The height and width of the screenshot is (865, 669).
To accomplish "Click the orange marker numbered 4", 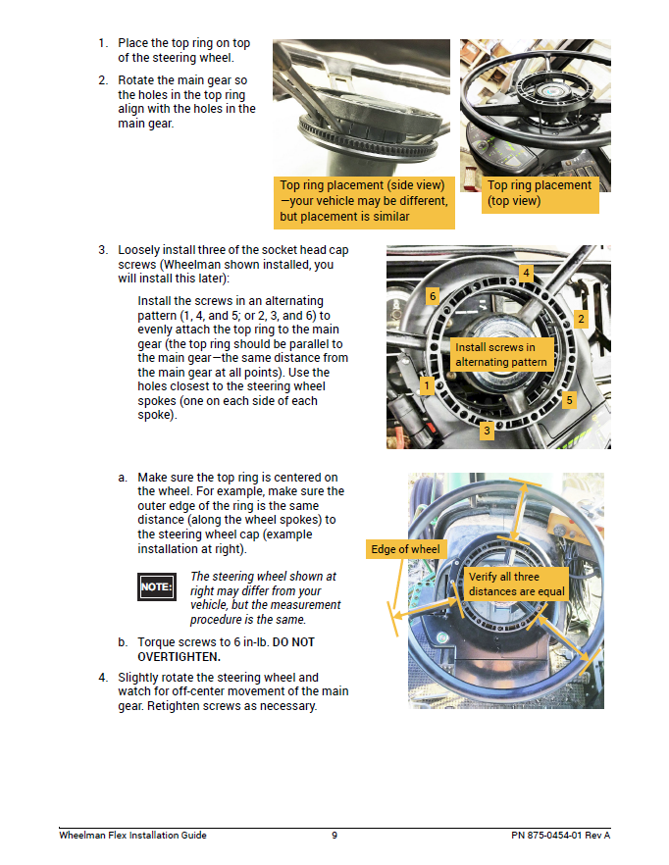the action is (527, 272).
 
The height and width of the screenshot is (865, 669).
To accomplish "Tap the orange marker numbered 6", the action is (432, 295).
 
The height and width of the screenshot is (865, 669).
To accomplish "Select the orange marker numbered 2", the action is (581, 319).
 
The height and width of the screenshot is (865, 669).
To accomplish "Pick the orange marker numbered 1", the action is (427, 385).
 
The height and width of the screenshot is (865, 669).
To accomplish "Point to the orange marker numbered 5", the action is (570, 400).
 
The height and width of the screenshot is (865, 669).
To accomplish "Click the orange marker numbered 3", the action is (487, 430).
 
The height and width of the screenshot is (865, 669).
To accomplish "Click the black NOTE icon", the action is (157, 586).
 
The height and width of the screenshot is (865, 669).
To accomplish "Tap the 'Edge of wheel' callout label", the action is (406, 549).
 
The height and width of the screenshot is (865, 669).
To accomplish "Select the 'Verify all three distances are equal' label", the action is (517, 585).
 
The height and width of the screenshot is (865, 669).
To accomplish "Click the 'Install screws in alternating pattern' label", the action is (500, 355).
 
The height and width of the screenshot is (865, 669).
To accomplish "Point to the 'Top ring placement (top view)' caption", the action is (540, 193).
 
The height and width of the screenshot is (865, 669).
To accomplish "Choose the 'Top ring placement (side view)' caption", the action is (364, 200).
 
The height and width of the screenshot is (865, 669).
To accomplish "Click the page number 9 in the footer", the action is (334, 836).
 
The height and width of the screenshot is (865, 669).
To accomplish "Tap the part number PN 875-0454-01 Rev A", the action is (560, 836).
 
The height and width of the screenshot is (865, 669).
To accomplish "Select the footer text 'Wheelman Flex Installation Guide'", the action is (132, 836).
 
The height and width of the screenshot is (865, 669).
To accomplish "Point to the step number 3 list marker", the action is (102, 250).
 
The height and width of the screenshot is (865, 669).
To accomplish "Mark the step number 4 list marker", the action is (102, 678).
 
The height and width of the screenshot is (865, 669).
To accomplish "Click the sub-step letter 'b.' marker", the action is (123, 642).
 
